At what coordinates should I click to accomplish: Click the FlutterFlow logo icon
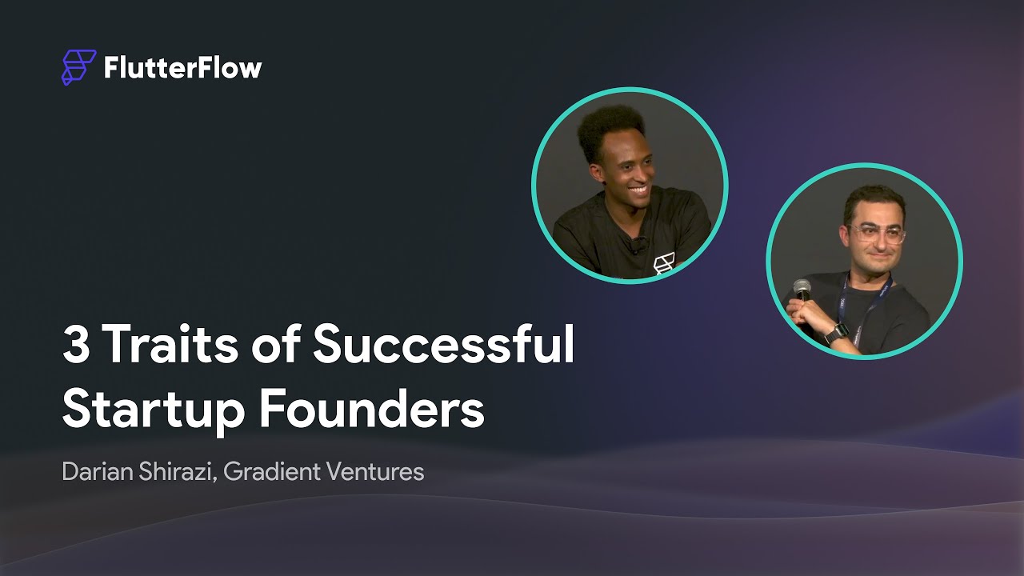78,67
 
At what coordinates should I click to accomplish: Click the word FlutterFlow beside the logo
182,68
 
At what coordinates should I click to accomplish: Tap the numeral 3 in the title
76,345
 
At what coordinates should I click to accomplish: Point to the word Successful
443,345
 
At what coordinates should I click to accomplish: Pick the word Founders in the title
371,409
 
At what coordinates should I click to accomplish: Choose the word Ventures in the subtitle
374,472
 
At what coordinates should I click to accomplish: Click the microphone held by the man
802,289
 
